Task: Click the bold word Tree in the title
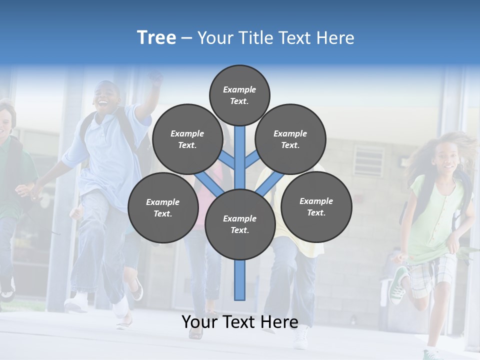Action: [156, 37]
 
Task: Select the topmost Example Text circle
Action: [239, 95]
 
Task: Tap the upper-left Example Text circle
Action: [187, 139]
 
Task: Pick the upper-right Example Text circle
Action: [290, 139]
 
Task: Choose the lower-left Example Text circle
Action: [163, 207]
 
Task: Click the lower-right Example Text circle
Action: [316, 206]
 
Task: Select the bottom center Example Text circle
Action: [240, 224]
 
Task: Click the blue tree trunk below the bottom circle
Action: [240, 280]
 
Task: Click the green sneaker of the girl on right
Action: [398, 285]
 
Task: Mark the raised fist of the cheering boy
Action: [156, 78]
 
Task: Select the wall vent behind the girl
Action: [369, 160]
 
